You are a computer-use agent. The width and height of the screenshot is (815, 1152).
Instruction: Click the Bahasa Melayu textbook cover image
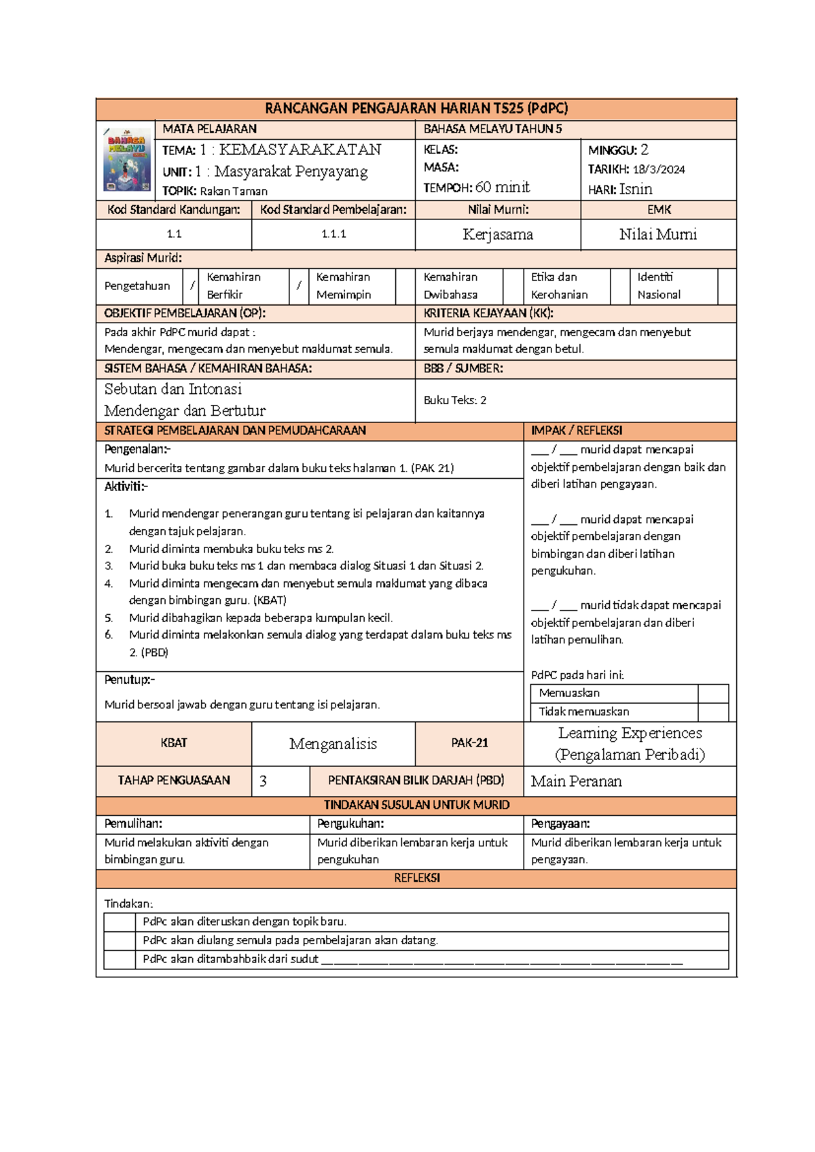coord(127,160)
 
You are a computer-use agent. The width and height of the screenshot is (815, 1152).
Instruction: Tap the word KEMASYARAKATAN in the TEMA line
coord(300,150)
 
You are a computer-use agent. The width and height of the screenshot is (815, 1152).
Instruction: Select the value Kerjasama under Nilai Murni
coord(498,235)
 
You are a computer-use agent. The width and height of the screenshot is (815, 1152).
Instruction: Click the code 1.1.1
coord(333,234)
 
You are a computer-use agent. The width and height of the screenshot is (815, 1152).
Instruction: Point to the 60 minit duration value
coord(503,187)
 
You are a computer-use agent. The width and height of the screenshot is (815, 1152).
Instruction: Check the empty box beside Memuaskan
coord(712,694)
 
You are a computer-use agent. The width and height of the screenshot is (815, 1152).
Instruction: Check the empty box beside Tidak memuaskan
coord(712,712)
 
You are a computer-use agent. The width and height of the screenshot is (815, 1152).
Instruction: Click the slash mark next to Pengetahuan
coord(192,286)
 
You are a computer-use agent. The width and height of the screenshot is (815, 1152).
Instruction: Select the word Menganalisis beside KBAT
coord(333,744)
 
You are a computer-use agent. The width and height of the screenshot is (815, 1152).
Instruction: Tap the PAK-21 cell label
coord(469,743)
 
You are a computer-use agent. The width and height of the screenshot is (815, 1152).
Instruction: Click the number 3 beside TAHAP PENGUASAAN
coord(264,781)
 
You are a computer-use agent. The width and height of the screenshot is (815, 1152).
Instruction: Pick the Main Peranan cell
coord(576,781)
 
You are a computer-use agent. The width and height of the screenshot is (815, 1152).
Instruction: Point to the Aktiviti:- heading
coord(126,486)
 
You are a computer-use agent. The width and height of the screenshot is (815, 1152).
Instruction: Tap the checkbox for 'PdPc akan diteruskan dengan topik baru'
coord(120,922)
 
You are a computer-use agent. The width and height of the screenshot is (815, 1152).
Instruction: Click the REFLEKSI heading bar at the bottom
coord(416,878)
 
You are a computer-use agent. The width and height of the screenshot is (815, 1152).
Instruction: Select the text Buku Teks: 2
coord(455,401)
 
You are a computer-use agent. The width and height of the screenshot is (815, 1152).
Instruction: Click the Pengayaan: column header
coord(560,824)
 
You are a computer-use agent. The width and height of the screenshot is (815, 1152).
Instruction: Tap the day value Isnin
coord(635,190)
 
